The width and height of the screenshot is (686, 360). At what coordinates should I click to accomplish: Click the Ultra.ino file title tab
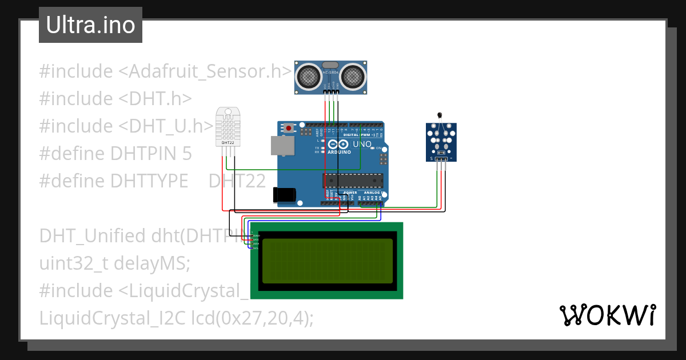(90, 25)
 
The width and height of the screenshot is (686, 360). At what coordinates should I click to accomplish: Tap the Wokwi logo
(607, 315)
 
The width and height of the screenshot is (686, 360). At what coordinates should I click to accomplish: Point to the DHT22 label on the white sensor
(228, 142)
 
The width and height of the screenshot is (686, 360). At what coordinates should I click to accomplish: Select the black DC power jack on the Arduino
(284, 195)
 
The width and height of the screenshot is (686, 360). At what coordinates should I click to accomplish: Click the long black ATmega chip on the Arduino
(353, 181)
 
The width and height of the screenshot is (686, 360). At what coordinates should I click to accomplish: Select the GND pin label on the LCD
(256, 235)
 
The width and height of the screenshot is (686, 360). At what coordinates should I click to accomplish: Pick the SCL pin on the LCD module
(255, 248)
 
